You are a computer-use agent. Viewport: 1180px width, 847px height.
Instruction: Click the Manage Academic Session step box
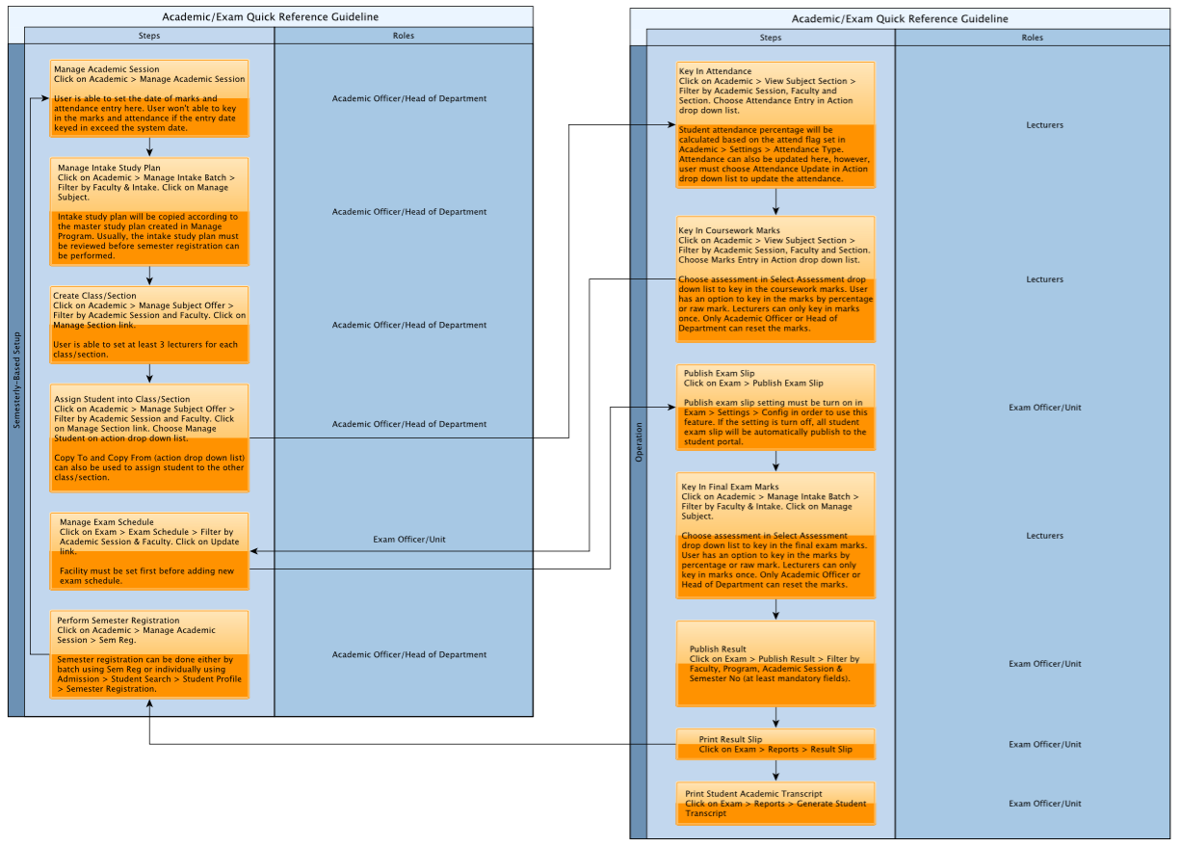(149, 98)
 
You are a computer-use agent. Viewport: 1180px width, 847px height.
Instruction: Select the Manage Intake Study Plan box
(149, 211)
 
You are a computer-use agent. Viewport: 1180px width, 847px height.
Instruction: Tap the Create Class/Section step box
(149, 325)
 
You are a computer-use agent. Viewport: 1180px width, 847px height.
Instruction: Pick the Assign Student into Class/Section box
(149, 438)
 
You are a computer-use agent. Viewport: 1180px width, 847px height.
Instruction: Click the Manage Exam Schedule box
(149, 551)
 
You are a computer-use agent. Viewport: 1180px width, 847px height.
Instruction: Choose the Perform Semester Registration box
(149, 654)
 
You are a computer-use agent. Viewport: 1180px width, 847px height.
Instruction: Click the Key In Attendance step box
(775, 125)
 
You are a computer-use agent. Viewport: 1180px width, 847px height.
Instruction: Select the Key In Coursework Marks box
(775, 279)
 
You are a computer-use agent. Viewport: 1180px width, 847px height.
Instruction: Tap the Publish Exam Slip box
(775, 407)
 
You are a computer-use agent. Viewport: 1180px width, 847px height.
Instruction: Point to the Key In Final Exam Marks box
(775, 536)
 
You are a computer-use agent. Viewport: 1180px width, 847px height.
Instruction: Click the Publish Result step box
(775, 663)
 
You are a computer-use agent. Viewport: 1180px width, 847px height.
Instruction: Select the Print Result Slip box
(775, 744)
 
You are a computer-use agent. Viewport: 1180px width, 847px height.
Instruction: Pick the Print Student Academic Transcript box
(775, 803)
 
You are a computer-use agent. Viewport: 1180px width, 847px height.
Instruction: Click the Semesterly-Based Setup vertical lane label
(16, 381)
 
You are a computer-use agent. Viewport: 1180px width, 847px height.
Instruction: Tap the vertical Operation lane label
(639, 441)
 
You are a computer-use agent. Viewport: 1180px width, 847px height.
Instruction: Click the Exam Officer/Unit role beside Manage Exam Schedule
(409, 540)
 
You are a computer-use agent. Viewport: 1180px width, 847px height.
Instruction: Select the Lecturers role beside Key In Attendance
(1045, 125)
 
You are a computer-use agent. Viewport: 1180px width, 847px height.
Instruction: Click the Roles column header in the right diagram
(1032, 38)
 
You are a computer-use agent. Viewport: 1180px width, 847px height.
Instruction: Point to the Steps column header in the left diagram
(149, 36)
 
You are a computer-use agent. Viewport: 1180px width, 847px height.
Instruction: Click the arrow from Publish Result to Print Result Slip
(775, 717)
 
